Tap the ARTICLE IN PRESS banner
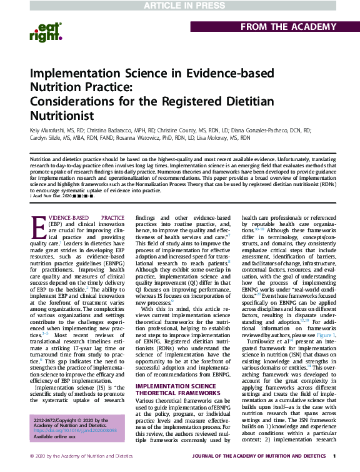click(180, 6)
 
